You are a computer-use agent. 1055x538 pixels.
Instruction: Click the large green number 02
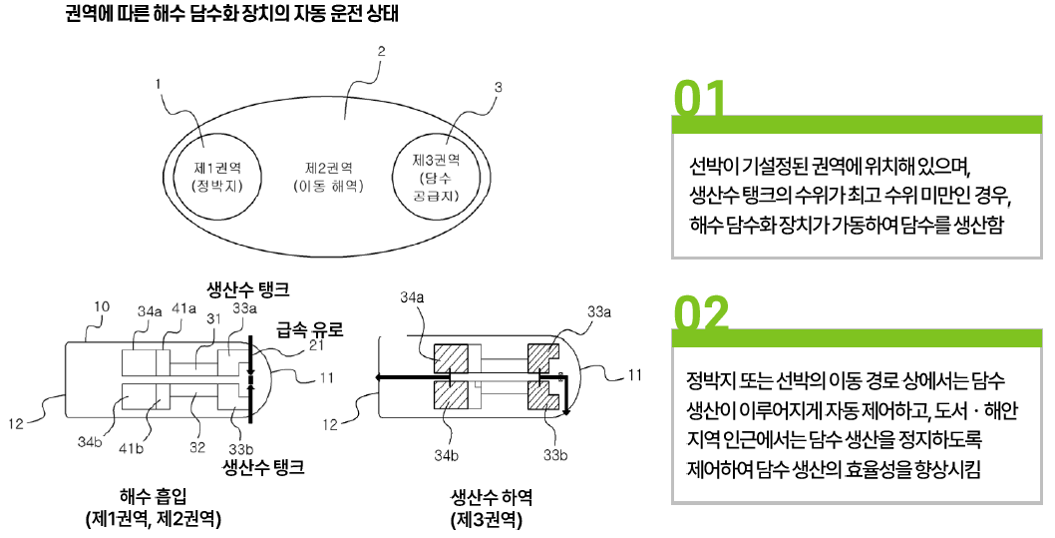point(702,313)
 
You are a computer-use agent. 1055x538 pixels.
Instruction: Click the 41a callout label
point(183,311)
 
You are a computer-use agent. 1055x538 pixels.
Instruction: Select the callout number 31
point(211,319)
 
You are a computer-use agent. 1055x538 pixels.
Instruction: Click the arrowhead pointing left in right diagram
point(381,378)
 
